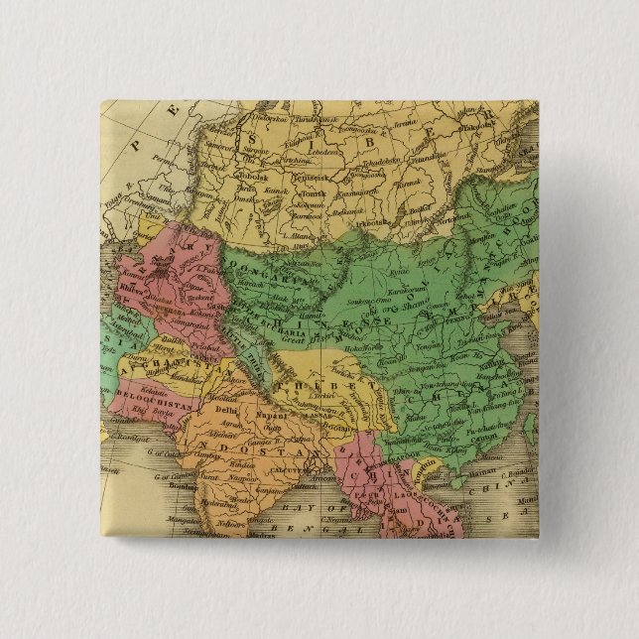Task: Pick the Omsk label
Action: (x=244, y=199)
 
